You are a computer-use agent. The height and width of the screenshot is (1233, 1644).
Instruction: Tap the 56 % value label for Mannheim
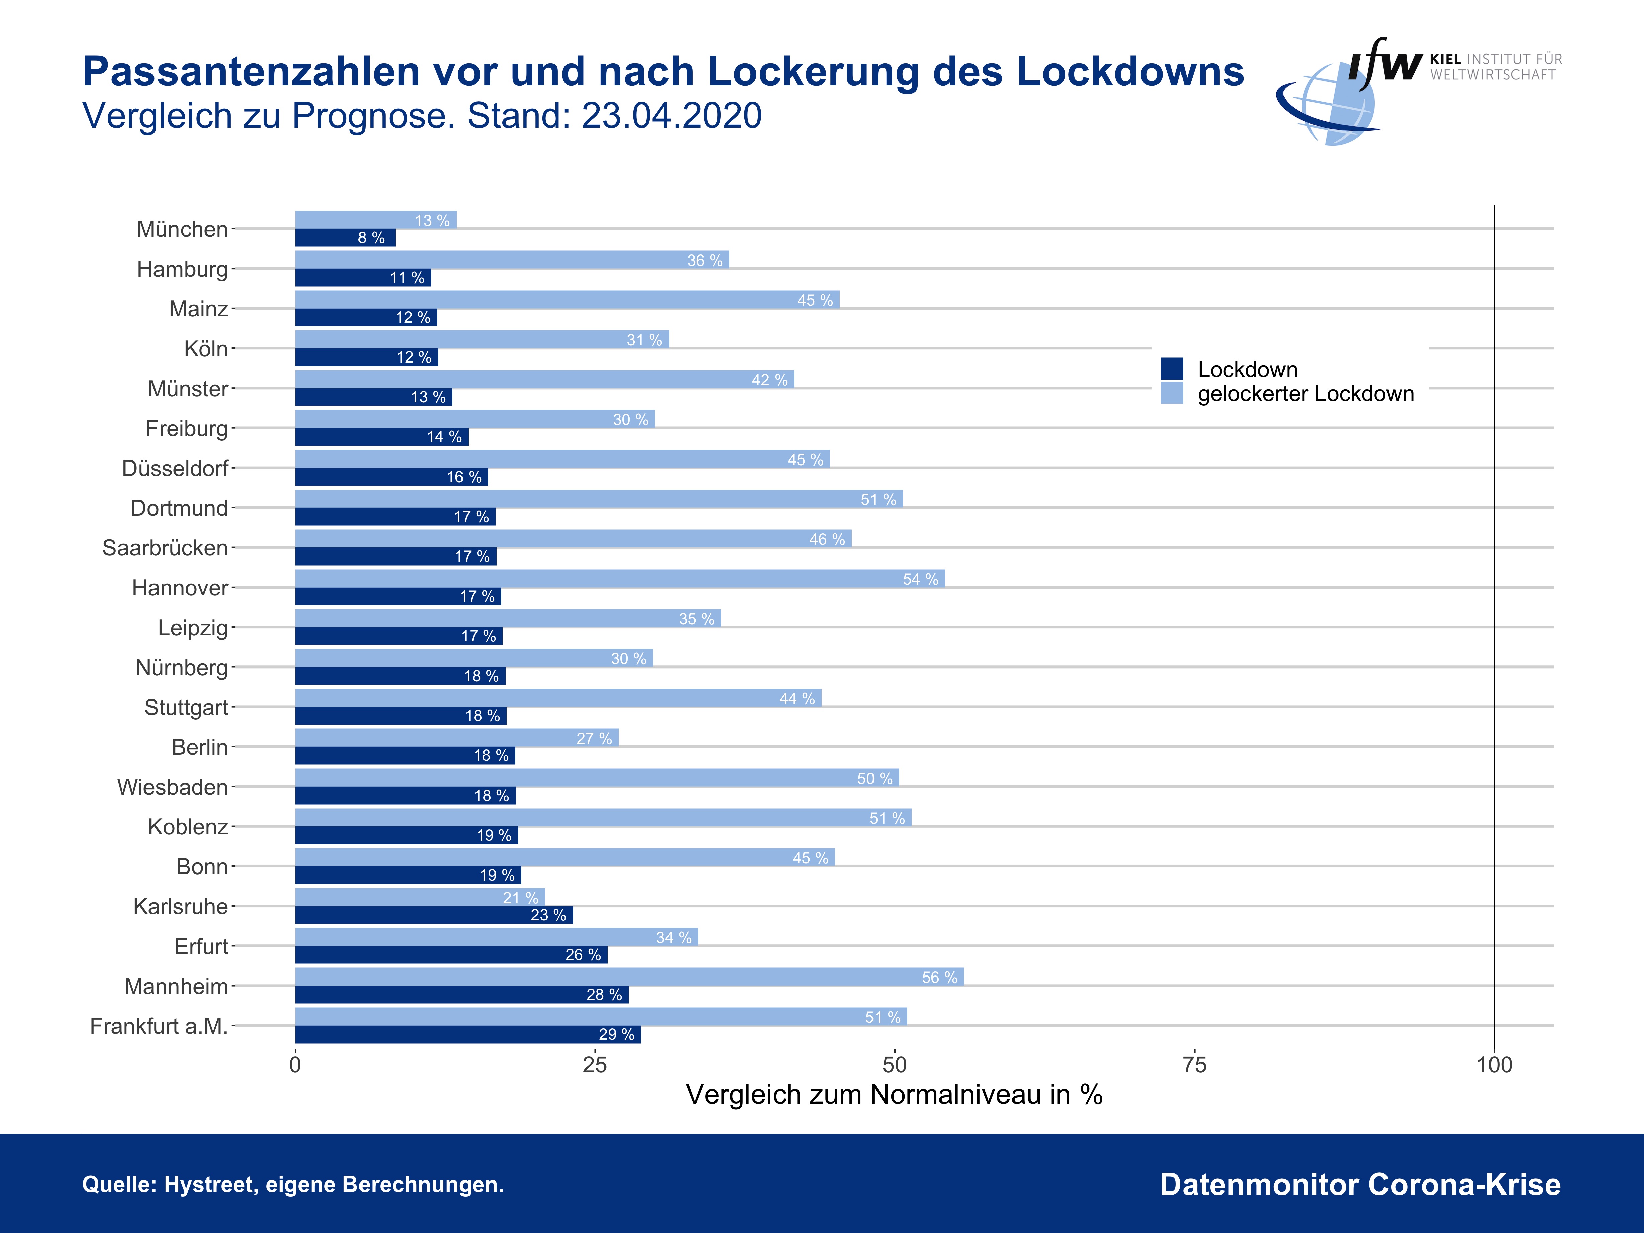click(x=939, y=977)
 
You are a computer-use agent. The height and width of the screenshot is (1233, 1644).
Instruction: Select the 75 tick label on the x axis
click(x=1194, y=1065)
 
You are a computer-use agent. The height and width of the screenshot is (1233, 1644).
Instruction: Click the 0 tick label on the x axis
click(x=295, y=1065)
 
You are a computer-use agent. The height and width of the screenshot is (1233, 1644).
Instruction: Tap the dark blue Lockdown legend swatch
click(x=1172, y=369)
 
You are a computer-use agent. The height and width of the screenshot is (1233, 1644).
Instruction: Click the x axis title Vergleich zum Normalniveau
click(x=893, y=1095)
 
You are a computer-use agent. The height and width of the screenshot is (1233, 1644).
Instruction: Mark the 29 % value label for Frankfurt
click(x=616, y=1035)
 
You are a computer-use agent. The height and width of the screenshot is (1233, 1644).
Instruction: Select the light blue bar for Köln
click(x=482, y=340)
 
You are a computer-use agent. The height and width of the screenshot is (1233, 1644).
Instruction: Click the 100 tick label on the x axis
click(x=1494, y=1065)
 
